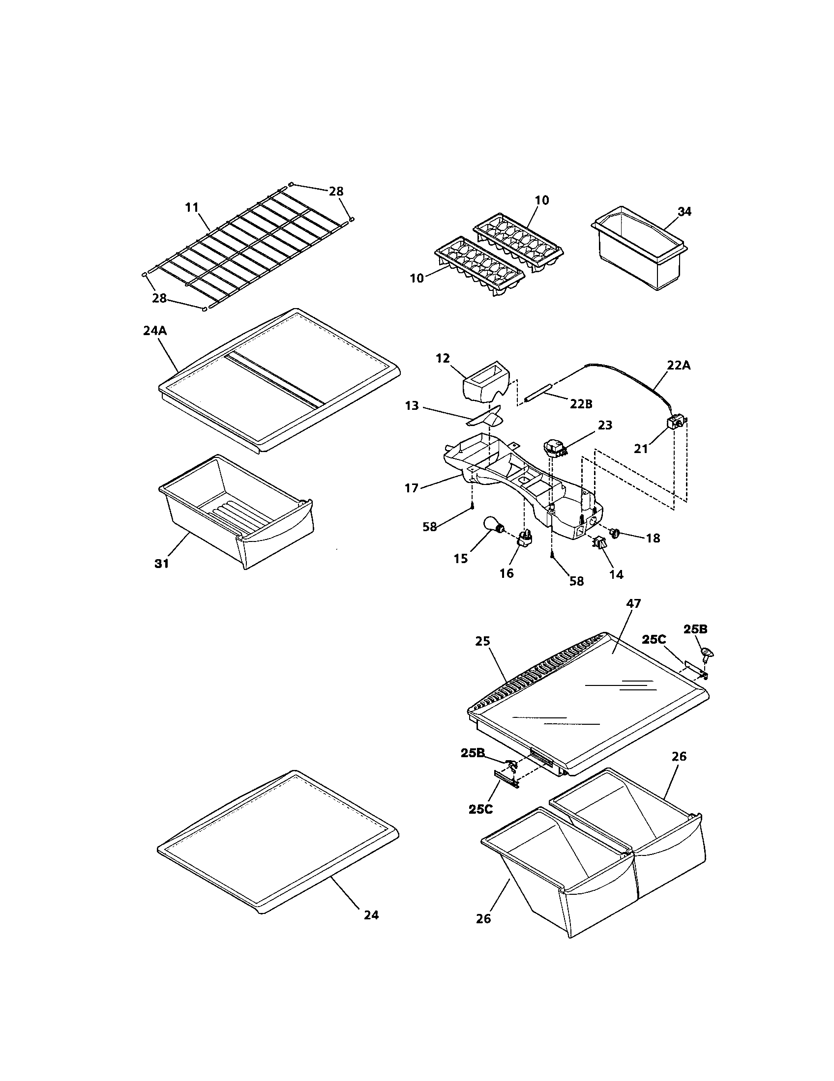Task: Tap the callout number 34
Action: coord(684,212)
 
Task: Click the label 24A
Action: coord(154,331)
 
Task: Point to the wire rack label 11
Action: coord(192,208)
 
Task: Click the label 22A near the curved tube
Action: coord(679,366)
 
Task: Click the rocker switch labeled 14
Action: coord(599,543)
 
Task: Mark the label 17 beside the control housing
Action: coord(412,488)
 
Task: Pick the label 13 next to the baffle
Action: coord(412,406)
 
